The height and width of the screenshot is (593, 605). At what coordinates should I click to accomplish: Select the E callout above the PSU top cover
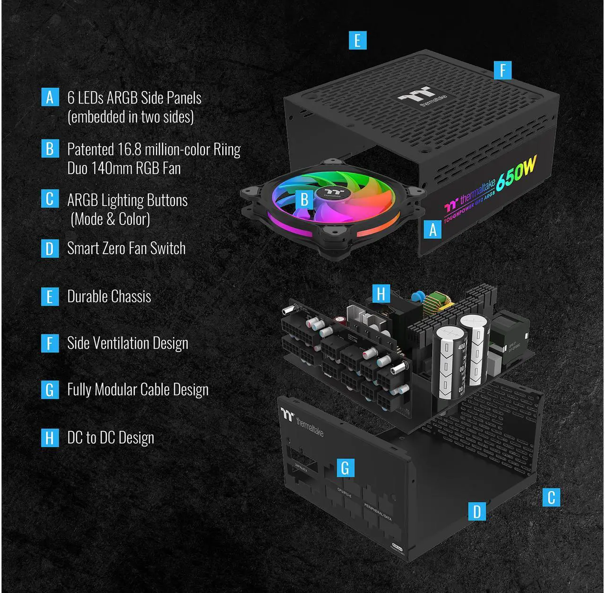[357, 40]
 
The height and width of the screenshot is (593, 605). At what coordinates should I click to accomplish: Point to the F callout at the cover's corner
[502, 70]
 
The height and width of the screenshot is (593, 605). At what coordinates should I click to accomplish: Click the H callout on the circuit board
[381, 293]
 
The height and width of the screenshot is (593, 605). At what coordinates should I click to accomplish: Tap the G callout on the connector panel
[345, 467]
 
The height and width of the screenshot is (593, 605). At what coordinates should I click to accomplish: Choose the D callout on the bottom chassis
[477, 511]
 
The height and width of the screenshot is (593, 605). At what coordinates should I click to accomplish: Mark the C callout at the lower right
[551, 497]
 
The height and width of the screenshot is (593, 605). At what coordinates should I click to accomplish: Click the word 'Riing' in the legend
[227, 149]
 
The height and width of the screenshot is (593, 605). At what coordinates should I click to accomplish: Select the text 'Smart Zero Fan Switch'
[126, 249]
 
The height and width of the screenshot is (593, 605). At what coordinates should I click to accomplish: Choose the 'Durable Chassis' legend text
[109, 297]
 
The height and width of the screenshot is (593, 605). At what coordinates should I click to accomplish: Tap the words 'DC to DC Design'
[111, 438]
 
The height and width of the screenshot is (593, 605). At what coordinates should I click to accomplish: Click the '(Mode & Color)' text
[110, 219]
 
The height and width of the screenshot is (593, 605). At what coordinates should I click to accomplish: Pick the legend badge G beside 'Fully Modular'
[50, 390]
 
